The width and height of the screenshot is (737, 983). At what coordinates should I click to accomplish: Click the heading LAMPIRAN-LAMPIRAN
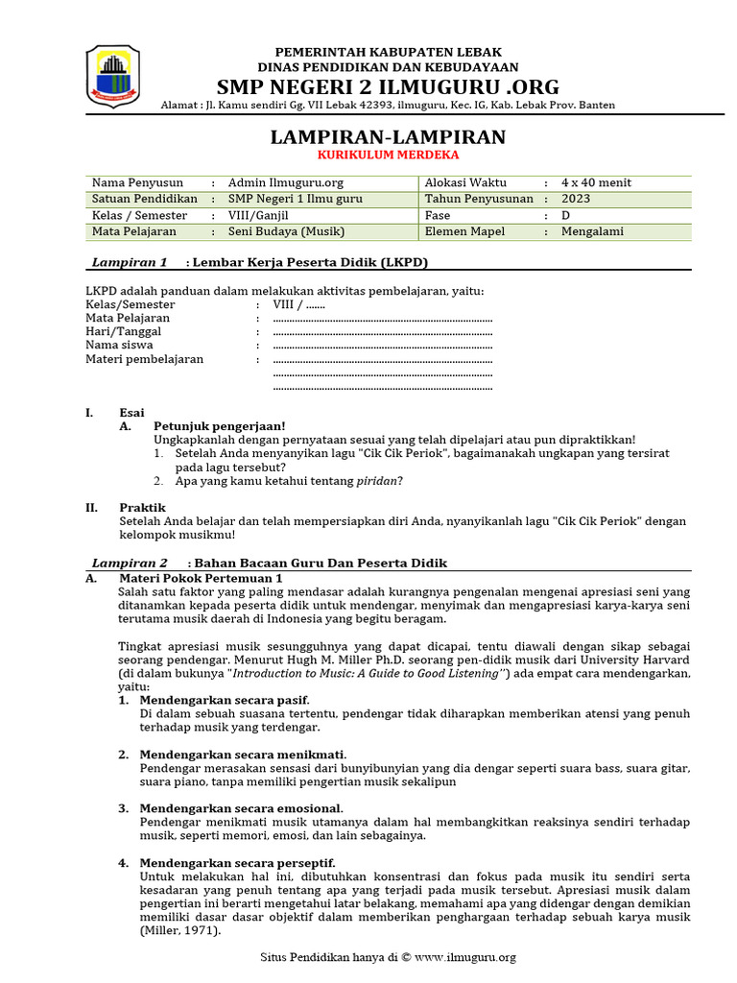388,136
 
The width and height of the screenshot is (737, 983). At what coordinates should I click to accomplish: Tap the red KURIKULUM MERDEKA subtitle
389,155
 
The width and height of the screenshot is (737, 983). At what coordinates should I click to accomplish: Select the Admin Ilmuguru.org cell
286,182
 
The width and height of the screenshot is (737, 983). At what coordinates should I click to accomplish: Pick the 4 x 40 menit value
596,182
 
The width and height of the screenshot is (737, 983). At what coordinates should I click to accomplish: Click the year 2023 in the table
576,199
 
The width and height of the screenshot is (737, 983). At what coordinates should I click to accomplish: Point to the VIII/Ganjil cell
258,215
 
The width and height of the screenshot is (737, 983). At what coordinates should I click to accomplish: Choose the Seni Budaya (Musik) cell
286,231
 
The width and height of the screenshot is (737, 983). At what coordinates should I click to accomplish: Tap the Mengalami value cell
592,231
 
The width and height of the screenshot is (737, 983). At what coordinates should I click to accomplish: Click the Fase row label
437,215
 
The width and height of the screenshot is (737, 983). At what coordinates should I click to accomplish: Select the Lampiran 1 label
130,262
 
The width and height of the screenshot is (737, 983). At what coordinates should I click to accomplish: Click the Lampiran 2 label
130,563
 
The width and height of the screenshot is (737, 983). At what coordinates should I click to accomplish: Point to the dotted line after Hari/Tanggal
383,332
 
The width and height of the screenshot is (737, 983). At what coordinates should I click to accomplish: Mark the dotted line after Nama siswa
383,346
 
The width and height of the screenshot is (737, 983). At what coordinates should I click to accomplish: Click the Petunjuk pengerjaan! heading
220,425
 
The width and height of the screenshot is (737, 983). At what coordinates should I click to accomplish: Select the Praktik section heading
142,507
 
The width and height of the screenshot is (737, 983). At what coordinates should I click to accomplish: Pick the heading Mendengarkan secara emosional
241,808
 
